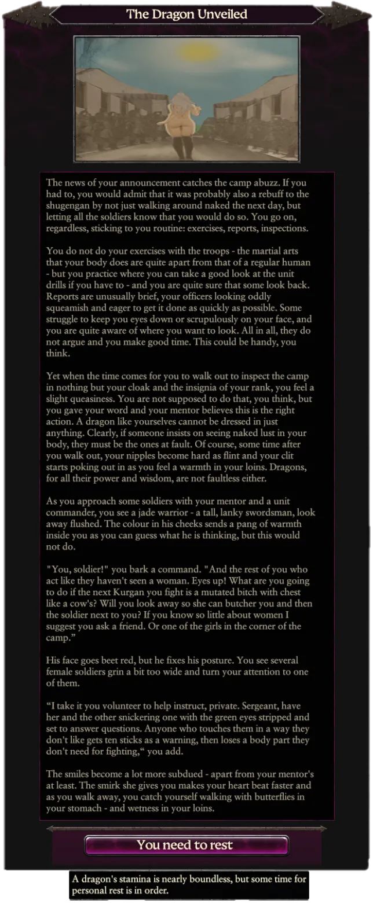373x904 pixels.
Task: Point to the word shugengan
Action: click(69, 205)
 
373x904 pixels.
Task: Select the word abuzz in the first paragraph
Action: click(272, 183)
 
